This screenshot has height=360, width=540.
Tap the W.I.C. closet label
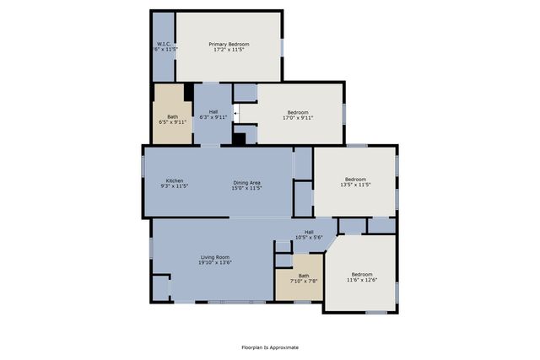[x=164, y=44]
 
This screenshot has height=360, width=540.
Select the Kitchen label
[x=175, y=181]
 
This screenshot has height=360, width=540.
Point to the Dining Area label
[x=247, y=181]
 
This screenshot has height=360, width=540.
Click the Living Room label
[x=216, y=257]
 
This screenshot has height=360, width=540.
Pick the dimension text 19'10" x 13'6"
[x=216, y=263]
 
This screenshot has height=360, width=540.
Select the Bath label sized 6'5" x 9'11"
[x=172, y=117]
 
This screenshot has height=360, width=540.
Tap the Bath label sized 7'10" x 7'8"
[x=303, y=276]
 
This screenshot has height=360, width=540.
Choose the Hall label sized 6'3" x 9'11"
[x=213, y=112]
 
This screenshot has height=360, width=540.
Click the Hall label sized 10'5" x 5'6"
[x=309, y=232]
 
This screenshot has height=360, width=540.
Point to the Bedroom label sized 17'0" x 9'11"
[x=299, y=112]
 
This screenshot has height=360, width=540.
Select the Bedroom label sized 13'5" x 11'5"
[x=355, y=179]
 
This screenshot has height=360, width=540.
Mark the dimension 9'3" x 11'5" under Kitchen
[x=175, y=187]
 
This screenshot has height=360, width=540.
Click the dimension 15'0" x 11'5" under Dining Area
[x=247, y=187]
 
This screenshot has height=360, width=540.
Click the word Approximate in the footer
[x=283, y=347]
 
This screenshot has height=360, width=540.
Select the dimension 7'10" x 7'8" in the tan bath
[x=303, y=281]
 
